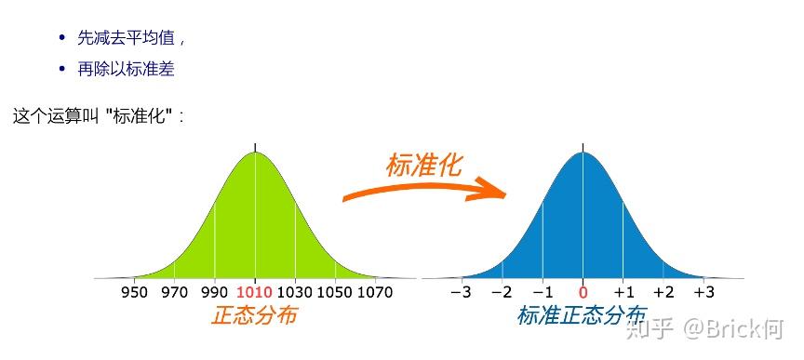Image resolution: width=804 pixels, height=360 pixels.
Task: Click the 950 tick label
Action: click(x=135, y=292)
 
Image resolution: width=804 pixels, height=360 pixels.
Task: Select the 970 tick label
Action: click(x=175, y=292)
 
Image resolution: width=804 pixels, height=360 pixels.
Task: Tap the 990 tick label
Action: click(x=215, y=292)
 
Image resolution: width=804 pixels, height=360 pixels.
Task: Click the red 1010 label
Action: click(x=255, y=292)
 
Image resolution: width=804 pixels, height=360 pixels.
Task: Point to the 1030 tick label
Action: click(x=295, y=292)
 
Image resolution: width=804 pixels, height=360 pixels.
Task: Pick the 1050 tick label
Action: click(x=335, y=292)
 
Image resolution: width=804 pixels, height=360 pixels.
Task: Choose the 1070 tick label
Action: click(x=375, y=292)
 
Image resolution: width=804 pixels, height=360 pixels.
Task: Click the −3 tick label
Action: click(x=461, y=292)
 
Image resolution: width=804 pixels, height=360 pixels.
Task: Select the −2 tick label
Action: click(x=502, y=292)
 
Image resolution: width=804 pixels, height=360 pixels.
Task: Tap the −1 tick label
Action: click(x=543, y=292)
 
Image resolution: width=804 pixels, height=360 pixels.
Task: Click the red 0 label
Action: click(x=583, y=292)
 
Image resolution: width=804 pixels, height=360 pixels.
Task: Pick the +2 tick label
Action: click(x=663, y=292)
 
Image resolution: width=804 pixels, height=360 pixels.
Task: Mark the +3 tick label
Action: click(x=704, y=292)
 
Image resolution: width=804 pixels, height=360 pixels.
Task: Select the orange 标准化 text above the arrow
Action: click(x=423, y=165)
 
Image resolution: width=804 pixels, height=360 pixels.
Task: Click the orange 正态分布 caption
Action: click(x=254, y=316)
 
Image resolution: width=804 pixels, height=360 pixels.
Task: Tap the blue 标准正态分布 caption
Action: click(x=582, y=316)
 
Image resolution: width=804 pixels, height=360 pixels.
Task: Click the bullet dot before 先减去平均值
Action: click(x=62, y=38)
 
